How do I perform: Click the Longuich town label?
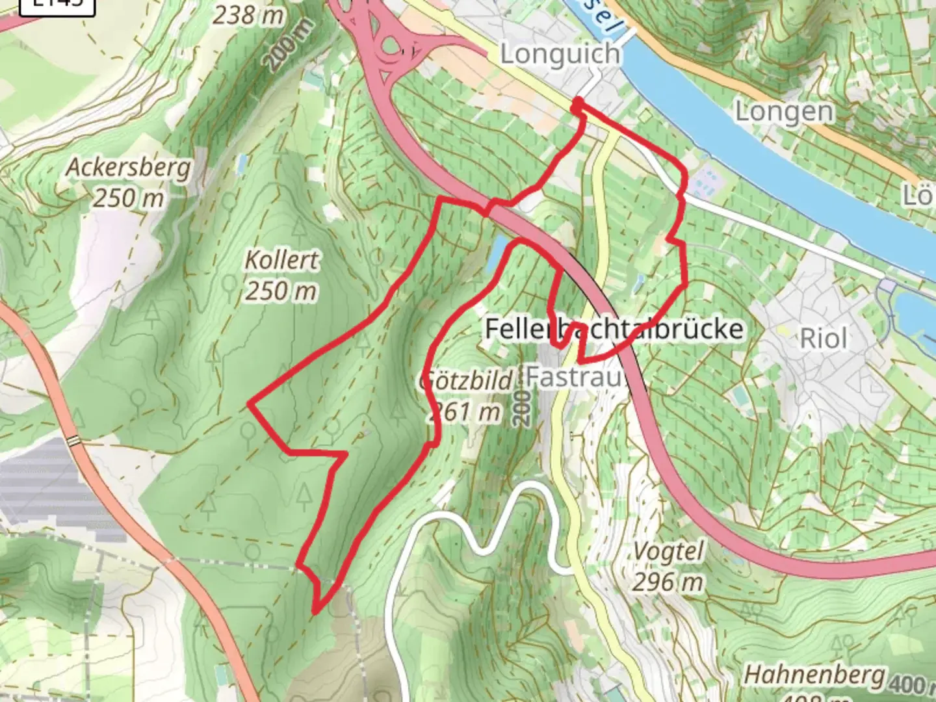[x=560, y=54]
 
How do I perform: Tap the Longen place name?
[x=784, y=112]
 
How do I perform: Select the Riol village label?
[x=823, y=339]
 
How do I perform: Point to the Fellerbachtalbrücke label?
[x=614, y=329]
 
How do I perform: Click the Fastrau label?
[x=575, y=376]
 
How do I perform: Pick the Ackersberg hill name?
[x=128, y=168]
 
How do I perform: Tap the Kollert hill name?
[x=281, y=260]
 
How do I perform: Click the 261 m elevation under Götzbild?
[x=464, y=411]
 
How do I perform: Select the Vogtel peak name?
[x=668, y=552]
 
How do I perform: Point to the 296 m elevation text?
[x=668, y=582]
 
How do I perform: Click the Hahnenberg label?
[x=814, y=675]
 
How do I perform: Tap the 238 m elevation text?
[x=248, y=14]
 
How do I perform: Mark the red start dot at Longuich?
[x=577, y=102]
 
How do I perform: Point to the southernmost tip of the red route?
[x=315, y=612]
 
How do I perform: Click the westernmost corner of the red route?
[x=250, y=404]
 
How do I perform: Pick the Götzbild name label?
[x=467, y=380]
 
